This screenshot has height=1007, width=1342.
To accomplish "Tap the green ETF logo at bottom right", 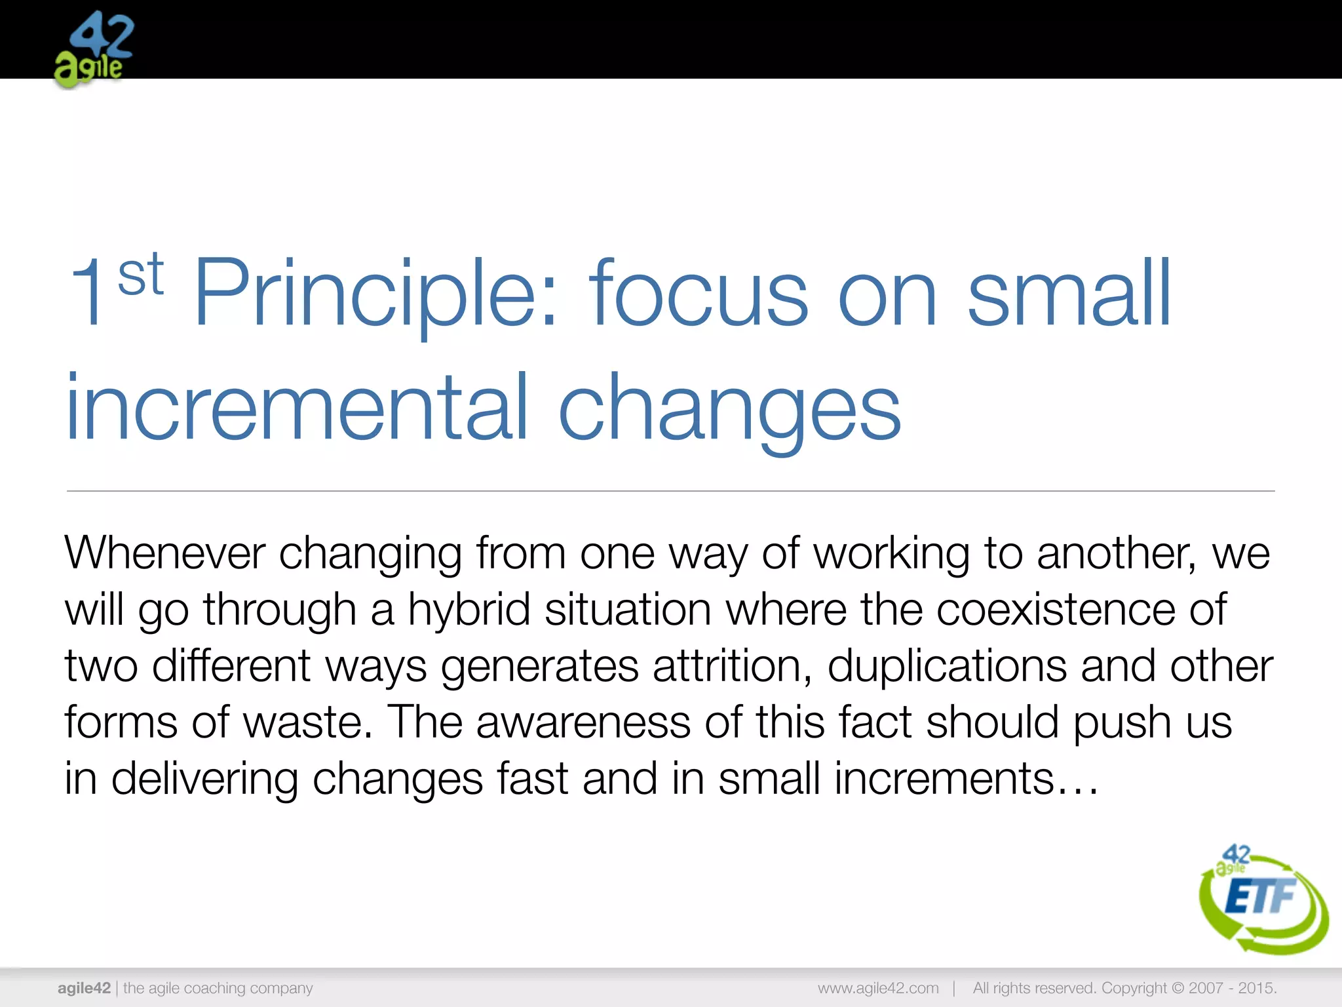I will (x=1261, y=898).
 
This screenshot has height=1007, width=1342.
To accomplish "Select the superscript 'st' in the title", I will (x=140, y=275).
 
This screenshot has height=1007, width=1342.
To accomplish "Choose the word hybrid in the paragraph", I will (x=469, y=610).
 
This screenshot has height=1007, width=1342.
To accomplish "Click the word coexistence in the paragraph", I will (x=1055, y=610).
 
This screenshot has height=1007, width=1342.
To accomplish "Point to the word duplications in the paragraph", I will (x=946, y=666).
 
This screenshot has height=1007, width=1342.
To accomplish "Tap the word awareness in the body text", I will (x=583, y=722).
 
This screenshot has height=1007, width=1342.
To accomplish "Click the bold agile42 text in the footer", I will (x=84, y=988).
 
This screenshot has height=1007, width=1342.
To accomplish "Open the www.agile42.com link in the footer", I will (x=878, y=988).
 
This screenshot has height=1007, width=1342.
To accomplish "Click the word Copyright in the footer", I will (x=1134, y=988).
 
